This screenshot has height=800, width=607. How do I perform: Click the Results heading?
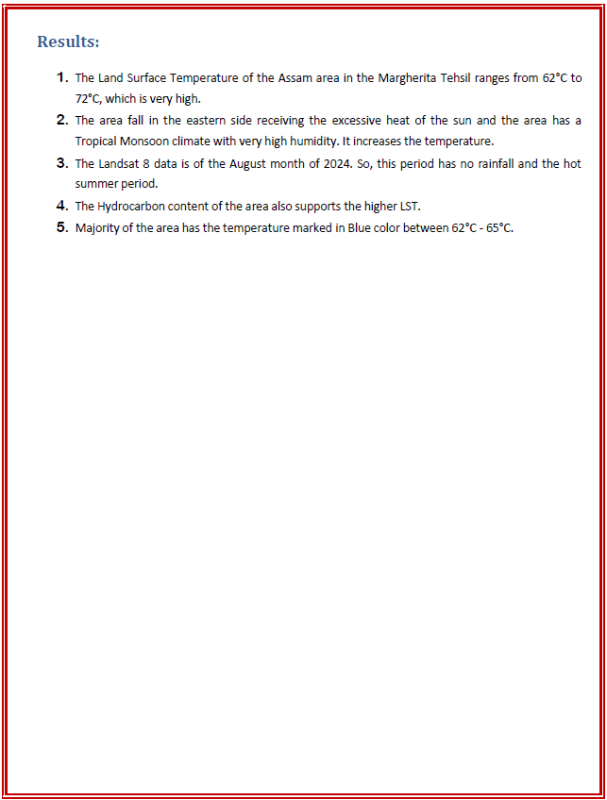tap(68, 42)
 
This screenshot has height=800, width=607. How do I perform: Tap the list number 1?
tap(61, 77)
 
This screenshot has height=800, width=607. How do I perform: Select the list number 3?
tap(61, 163)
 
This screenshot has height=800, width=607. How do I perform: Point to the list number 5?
tap(61, 227)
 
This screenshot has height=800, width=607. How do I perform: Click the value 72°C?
tap(88, 99)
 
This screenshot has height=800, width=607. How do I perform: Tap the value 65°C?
tap(498, 227)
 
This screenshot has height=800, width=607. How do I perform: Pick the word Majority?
tap(98, 227)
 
